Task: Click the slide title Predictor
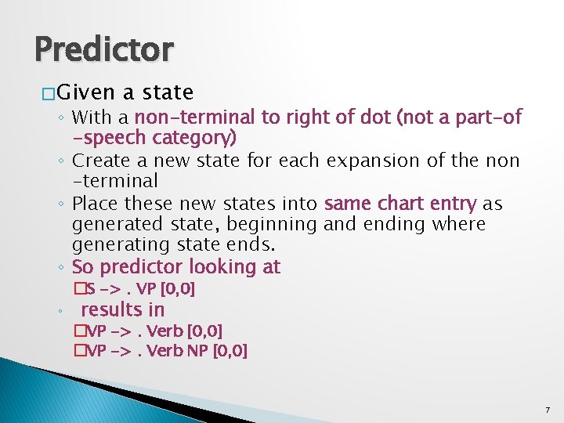click(103, 50)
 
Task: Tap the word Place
click(93, 204)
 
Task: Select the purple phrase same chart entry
click(399, 204)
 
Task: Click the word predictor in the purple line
click(139, 267)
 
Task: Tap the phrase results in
click(123, 309)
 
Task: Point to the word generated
click(114, 225)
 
